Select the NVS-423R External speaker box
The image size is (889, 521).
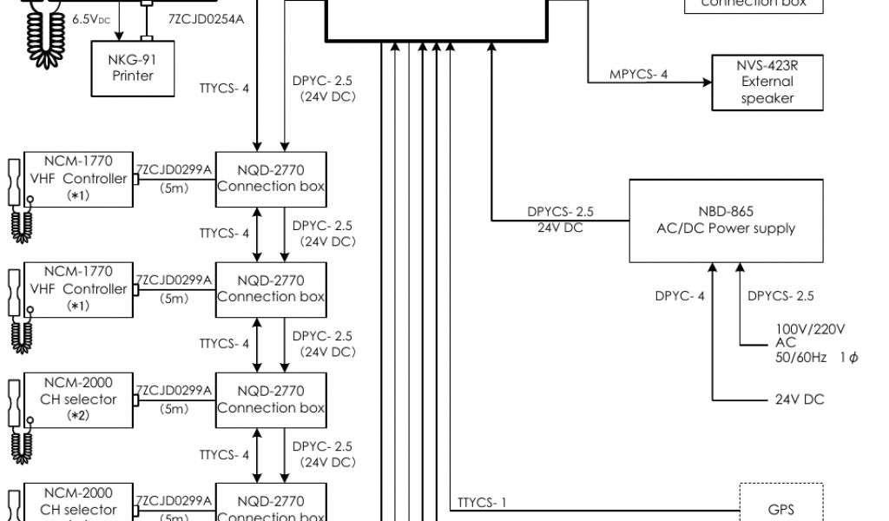click(767, 82)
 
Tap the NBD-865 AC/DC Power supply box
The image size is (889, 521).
click(727, 221)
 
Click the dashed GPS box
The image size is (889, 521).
click(780, 509)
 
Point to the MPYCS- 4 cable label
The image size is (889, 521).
click(638, 74)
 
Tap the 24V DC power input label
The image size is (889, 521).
click(800, 399)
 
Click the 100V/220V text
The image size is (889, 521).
click(810, 329)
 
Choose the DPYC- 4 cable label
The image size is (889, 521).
click(680, 296)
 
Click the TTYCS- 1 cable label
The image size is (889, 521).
click(481, 503)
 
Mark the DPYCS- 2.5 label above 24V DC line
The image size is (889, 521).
click(560, 211)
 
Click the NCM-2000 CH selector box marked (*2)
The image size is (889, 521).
click(77, 399)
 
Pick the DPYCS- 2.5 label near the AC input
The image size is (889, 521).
click(780, 296)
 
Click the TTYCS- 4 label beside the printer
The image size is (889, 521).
click(224, 88)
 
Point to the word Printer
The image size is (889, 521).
click(132, 76)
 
